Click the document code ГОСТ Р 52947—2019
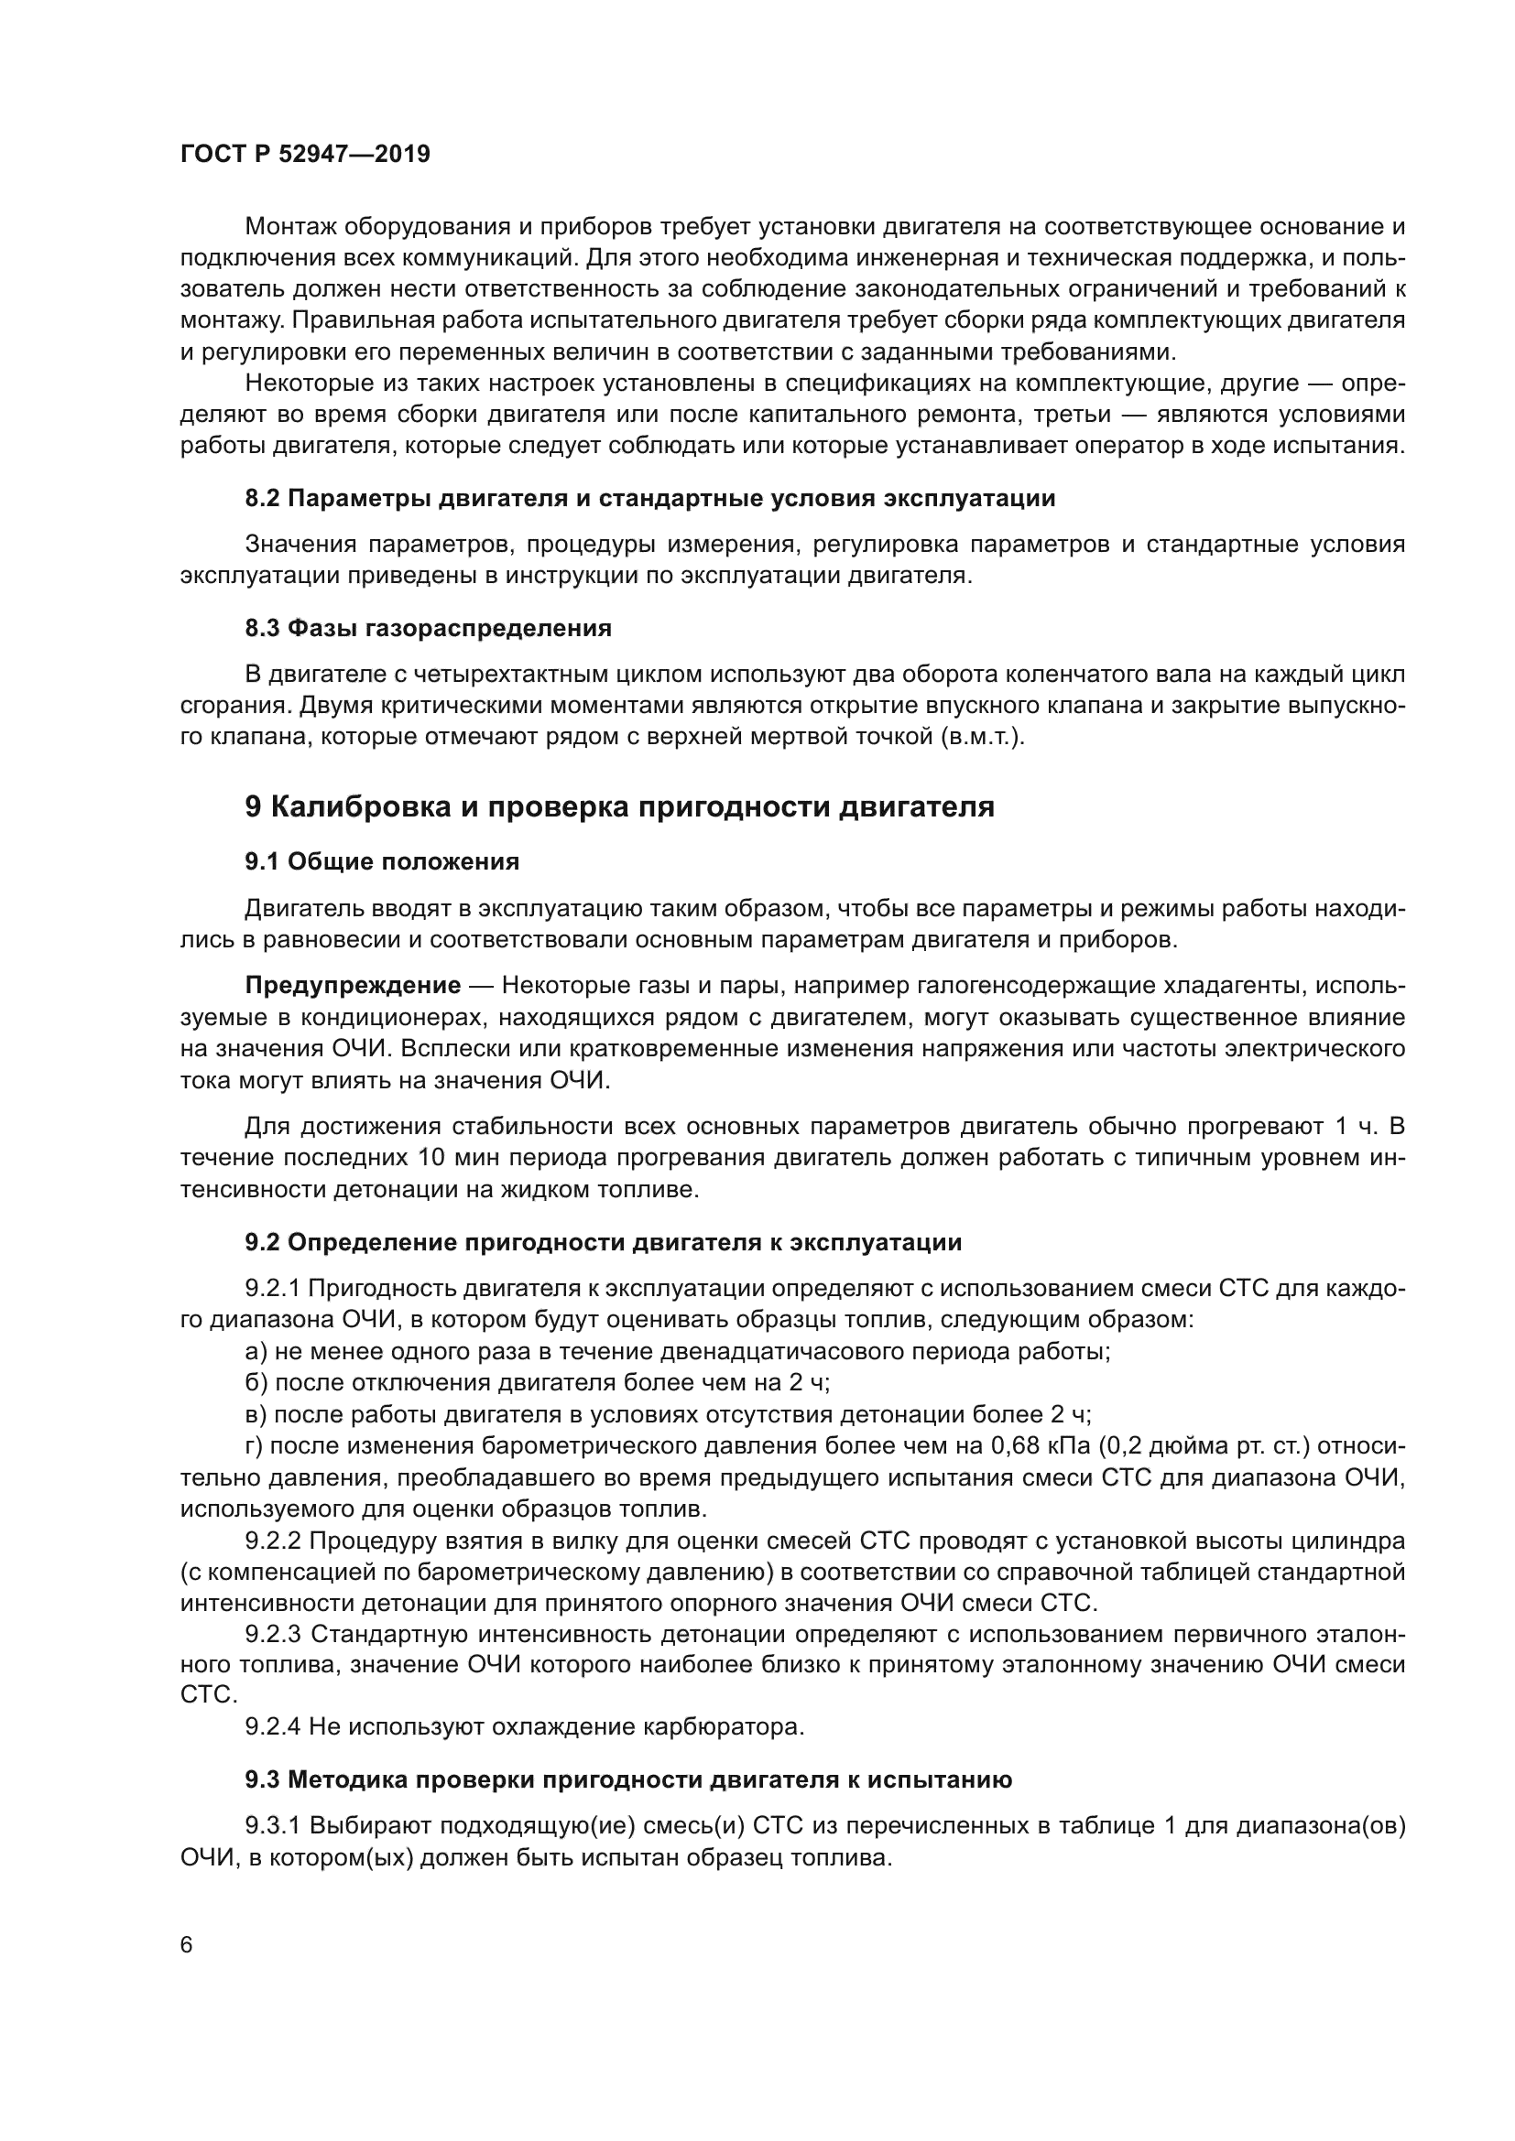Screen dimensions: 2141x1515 click(305, 154)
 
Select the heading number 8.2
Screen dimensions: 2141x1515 click(262, 498)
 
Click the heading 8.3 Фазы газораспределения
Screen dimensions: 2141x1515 click(428, 628)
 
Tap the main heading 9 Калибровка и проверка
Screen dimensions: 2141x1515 click(619, 806)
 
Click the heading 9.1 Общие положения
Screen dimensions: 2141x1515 click(382, 860)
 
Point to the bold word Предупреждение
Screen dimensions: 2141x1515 click(353, 986)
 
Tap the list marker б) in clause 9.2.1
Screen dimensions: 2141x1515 click(256, 1383)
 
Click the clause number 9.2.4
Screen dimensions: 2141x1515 click(272, 1727)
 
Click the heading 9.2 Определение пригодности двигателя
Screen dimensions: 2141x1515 click(603, 1242)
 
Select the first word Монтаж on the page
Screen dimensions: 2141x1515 click(289, 227)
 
